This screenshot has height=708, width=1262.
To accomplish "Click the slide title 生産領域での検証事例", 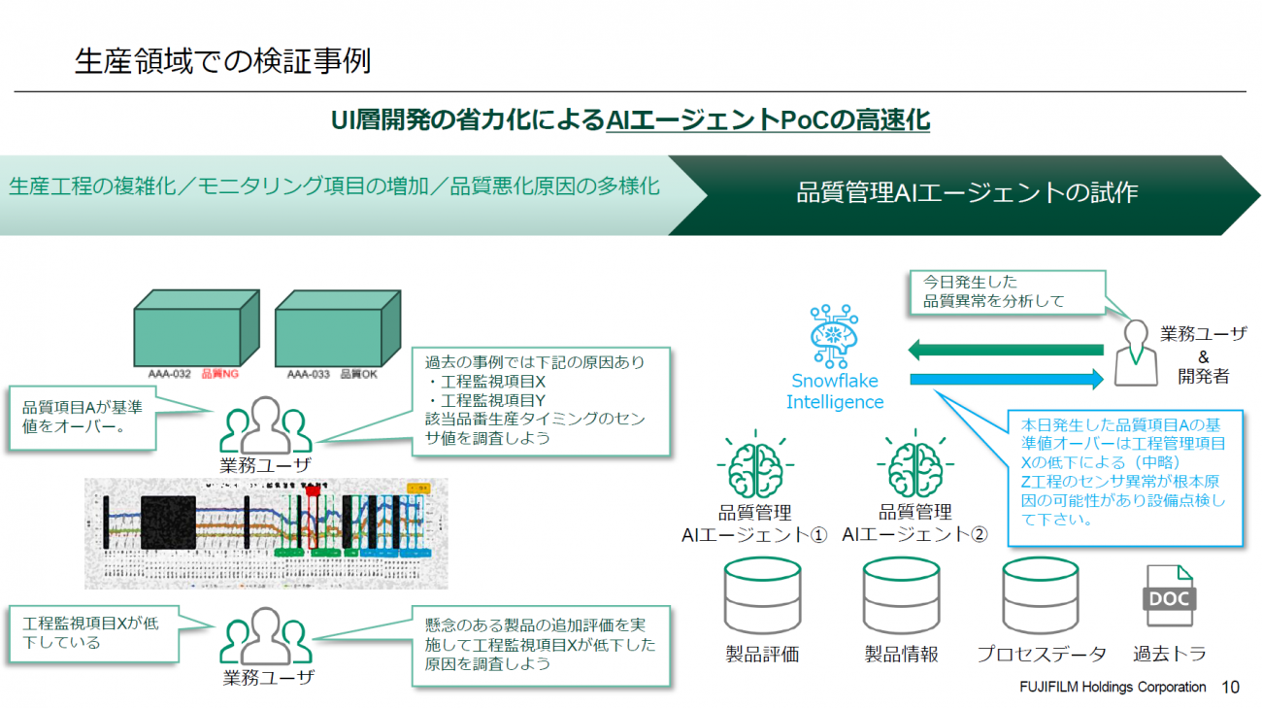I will (222, 61).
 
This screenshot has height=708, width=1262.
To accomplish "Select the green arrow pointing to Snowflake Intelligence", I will (1004, 350).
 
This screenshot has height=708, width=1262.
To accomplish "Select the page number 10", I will (1230, 687).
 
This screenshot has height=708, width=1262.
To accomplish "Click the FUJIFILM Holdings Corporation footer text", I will (1113, 687).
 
